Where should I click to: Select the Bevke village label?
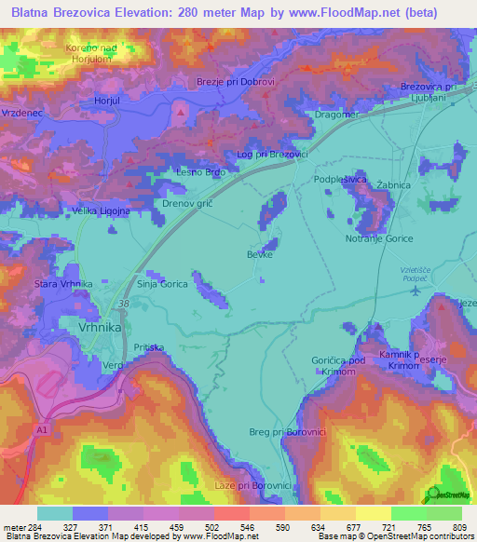coord(259,253)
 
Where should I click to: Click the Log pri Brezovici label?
coord(273,154)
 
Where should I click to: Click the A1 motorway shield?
coord(42,429)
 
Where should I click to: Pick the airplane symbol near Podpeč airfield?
coord(414,291)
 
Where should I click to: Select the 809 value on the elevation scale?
coord(459,528)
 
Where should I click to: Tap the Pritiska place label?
coord(148,347)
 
